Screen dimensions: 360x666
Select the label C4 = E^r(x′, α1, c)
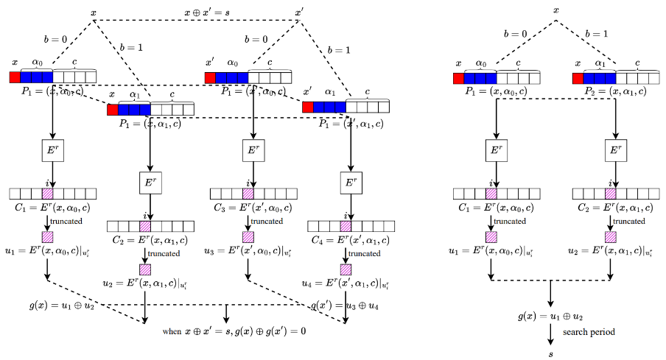tap(346, 239)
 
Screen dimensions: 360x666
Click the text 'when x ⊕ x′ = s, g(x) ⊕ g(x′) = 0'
tap(234, 331)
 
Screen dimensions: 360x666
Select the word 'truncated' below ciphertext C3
tap(268, 221)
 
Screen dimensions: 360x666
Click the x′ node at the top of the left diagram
tap(298, 12)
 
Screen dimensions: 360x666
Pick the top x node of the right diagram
tap(555, 10)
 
